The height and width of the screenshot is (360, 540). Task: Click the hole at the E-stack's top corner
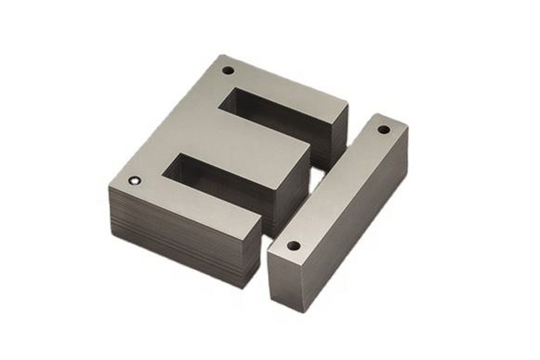[228, 70]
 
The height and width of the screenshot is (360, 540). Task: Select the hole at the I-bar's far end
[383, 129]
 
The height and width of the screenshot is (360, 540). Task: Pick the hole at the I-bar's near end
[293, 245]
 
